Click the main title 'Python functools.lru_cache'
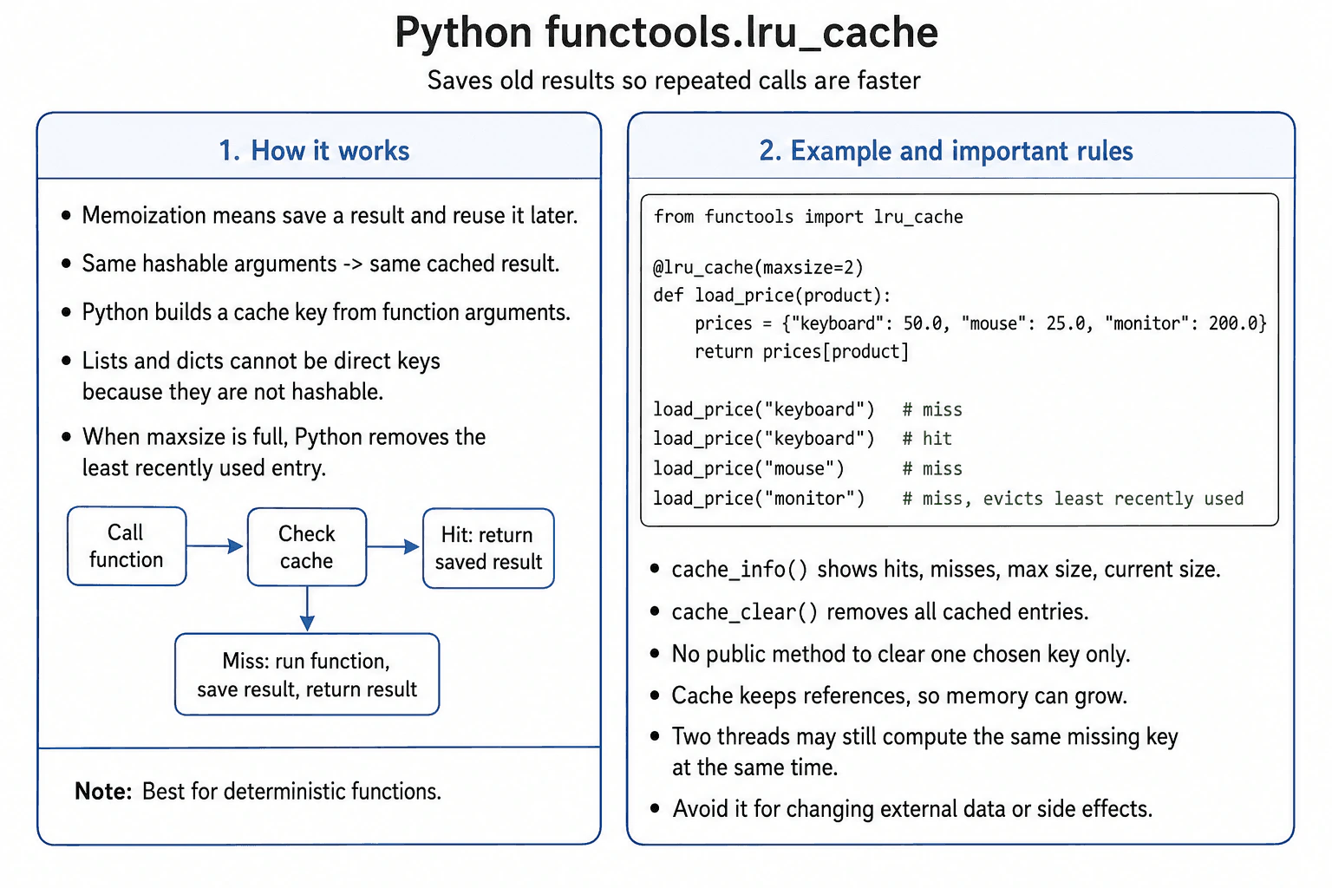[666, 33]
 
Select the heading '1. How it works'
[314, 151]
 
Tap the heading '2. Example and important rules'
[946, 151]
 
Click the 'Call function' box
[127, 546]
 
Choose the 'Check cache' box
[307, 547]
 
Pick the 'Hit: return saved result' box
[488, 548]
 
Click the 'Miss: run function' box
[307, 675]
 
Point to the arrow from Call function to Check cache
[215, 546]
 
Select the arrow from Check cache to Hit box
[393, 546]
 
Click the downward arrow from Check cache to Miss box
[307, 609]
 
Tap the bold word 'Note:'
[103, 792]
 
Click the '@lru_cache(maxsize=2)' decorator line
[758, 268]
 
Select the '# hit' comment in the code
[927, 439]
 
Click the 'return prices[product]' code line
[801, 352]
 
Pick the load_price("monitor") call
[759, 499]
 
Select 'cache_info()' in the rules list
[740, 570]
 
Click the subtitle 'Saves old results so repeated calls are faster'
[674, 81]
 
